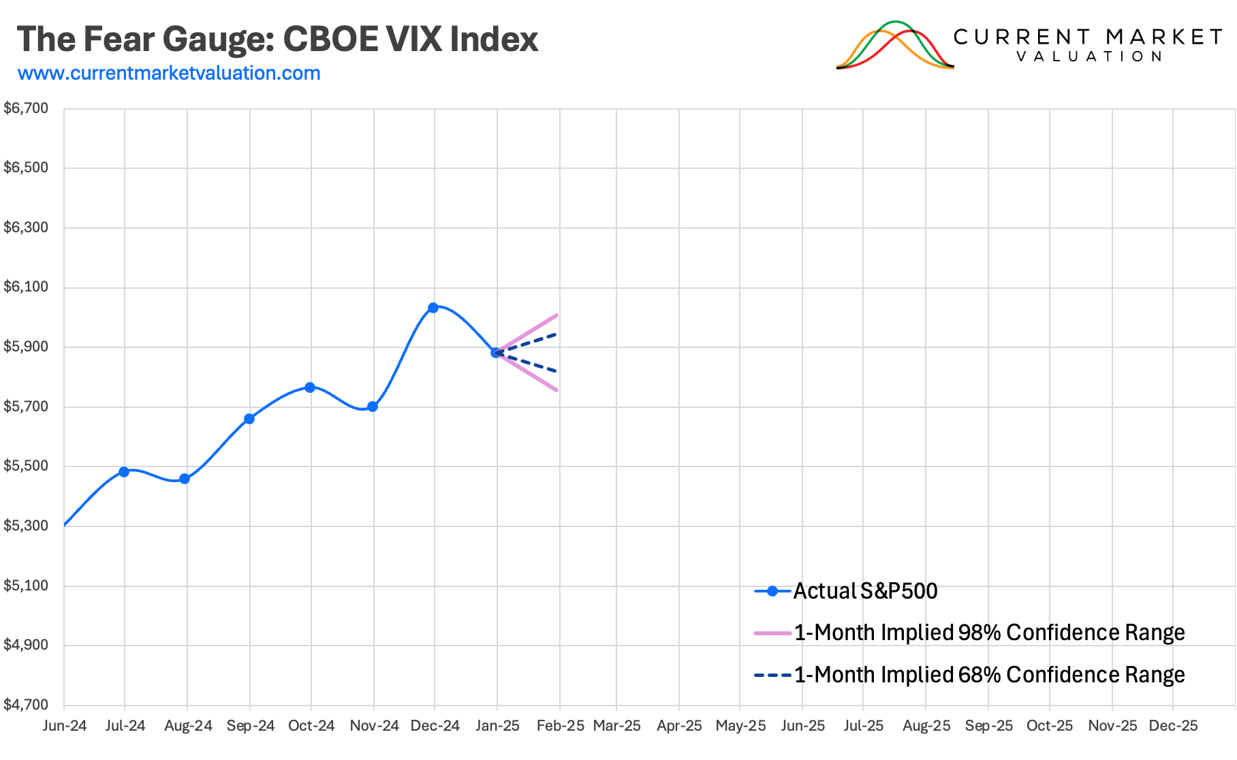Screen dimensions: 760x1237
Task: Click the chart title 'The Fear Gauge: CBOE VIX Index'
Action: (277, 39)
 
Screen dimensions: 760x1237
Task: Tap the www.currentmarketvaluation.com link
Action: (169, 73)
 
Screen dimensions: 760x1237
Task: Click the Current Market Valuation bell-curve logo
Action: (894, 46)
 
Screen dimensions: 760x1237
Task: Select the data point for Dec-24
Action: (433, 308)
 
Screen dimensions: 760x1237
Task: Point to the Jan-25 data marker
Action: (496, 353)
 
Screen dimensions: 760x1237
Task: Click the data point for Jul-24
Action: (124, 472)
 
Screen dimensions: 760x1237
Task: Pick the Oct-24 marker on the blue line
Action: (310, 387)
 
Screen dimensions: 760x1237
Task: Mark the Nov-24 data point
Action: (373, 407)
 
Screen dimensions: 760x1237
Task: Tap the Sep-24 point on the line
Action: (249, 419)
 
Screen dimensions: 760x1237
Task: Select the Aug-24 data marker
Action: (185, 479)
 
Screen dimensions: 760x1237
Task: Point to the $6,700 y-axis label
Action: (27, 108)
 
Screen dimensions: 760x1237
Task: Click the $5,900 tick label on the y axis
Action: (27, 347)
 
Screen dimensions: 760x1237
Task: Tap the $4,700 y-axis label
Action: (27, 705)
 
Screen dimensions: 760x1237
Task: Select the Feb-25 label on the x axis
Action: (560, 726)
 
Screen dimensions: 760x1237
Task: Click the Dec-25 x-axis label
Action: (1173, 726)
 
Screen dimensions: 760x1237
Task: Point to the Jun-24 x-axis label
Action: (65, 726)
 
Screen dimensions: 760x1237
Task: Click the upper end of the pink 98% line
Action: (557, 315)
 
